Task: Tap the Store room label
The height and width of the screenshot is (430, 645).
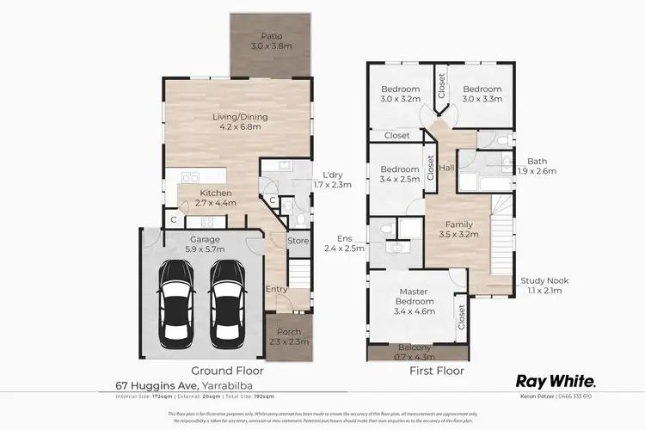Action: pyautogui.click(x=298, y=241)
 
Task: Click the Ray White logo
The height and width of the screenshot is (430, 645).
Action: pyautogui.click(x=556, y=381)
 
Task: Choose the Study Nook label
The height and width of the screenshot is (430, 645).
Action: pyautogui.click(x=544, y=280)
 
